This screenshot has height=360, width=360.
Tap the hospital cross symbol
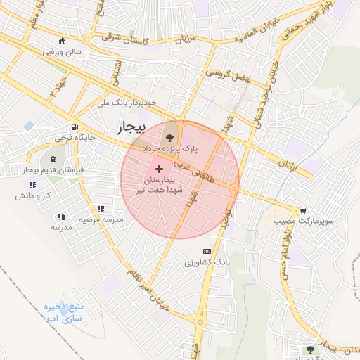pyautogui.click(x=160, y=169)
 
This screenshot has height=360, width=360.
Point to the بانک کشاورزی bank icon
pyautogui.click(x=207, y=251)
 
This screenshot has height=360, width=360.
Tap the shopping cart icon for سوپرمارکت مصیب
pyautogui.click(x=303, y=210)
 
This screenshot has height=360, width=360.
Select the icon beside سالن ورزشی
pyautogui.click(x=64, y=40)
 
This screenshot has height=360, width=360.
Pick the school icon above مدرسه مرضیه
pyautogui.click(x=101, y=209)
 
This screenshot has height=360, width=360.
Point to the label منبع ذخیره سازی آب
pyautogui.click(x=64, y=313)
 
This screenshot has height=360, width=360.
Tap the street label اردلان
pyautogui.click(x=288, y=167)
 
